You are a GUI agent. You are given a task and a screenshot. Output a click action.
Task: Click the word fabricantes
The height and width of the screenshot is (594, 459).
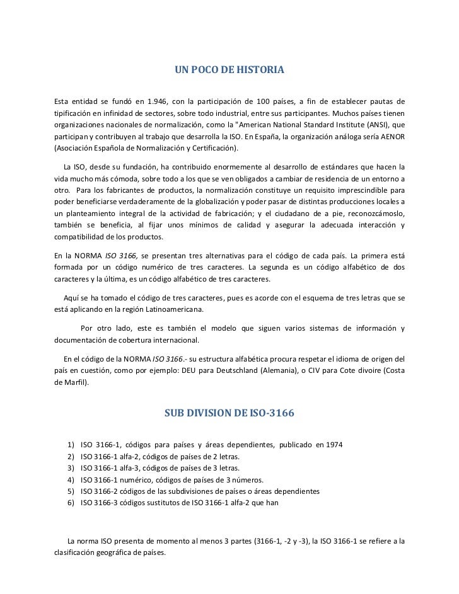pyautogui.click(x=123, y=190)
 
